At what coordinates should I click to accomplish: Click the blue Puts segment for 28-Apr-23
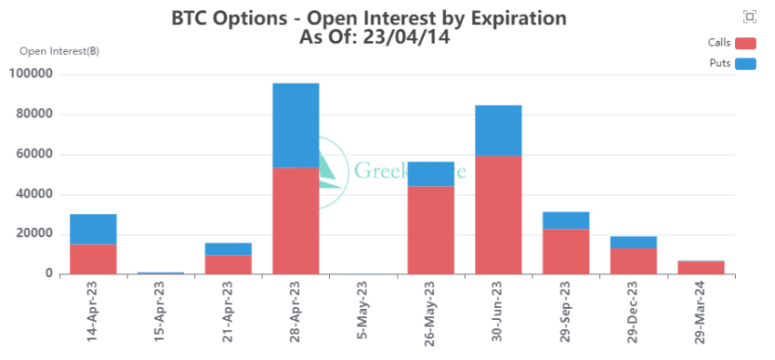295,125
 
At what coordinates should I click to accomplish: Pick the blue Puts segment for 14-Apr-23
93,229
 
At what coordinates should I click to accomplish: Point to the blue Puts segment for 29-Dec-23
633,242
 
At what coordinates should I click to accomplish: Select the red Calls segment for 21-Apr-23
228,264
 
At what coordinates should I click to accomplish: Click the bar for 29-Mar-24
700,267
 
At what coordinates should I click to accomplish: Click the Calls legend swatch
746,43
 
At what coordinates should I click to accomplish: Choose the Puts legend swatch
746,64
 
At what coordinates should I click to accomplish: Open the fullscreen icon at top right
749,16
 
